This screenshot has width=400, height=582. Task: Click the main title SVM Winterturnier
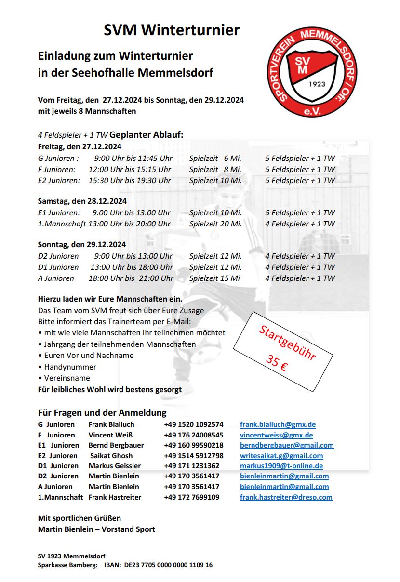[172, 30]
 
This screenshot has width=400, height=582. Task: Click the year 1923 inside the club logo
[317, 84]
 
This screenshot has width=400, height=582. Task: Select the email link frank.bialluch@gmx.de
[278, 424]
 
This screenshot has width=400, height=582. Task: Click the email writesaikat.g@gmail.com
[281, 456]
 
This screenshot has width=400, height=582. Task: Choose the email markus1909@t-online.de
[281, 466]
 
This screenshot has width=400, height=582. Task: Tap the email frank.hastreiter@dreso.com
[286, 497]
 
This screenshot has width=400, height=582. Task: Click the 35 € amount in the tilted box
[277, 363]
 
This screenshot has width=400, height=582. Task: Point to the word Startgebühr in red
[287, 343]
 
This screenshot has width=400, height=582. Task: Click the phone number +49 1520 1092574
[193, 424]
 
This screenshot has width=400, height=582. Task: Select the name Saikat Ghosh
[111, 456]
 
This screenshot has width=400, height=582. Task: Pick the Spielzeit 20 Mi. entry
[215, 224]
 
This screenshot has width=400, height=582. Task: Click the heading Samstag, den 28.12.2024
[82, 201]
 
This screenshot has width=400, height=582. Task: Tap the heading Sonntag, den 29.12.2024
[82, 245]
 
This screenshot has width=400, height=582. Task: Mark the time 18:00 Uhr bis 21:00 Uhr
[131, 278]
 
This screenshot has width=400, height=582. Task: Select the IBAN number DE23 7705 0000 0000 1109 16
[168, 565]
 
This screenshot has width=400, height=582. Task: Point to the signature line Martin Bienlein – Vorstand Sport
[96, 529]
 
